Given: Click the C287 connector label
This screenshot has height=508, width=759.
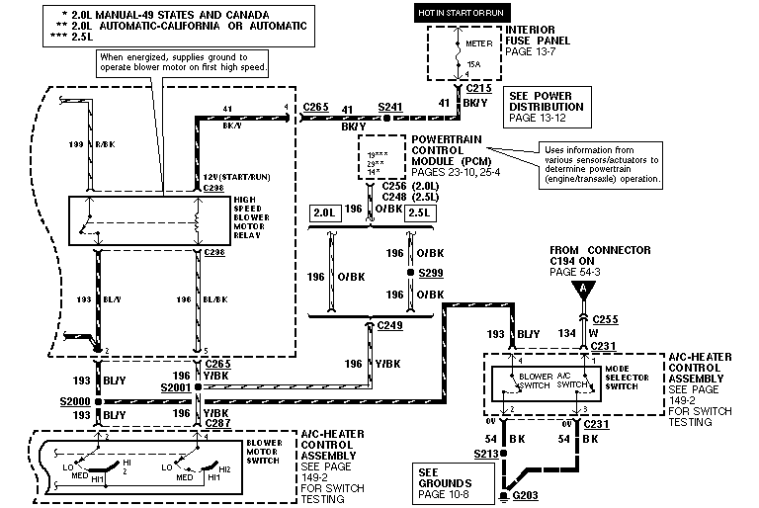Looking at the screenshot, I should (218, 422).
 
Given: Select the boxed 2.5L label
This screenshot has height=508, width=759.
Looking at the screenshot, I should (420, 212).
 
